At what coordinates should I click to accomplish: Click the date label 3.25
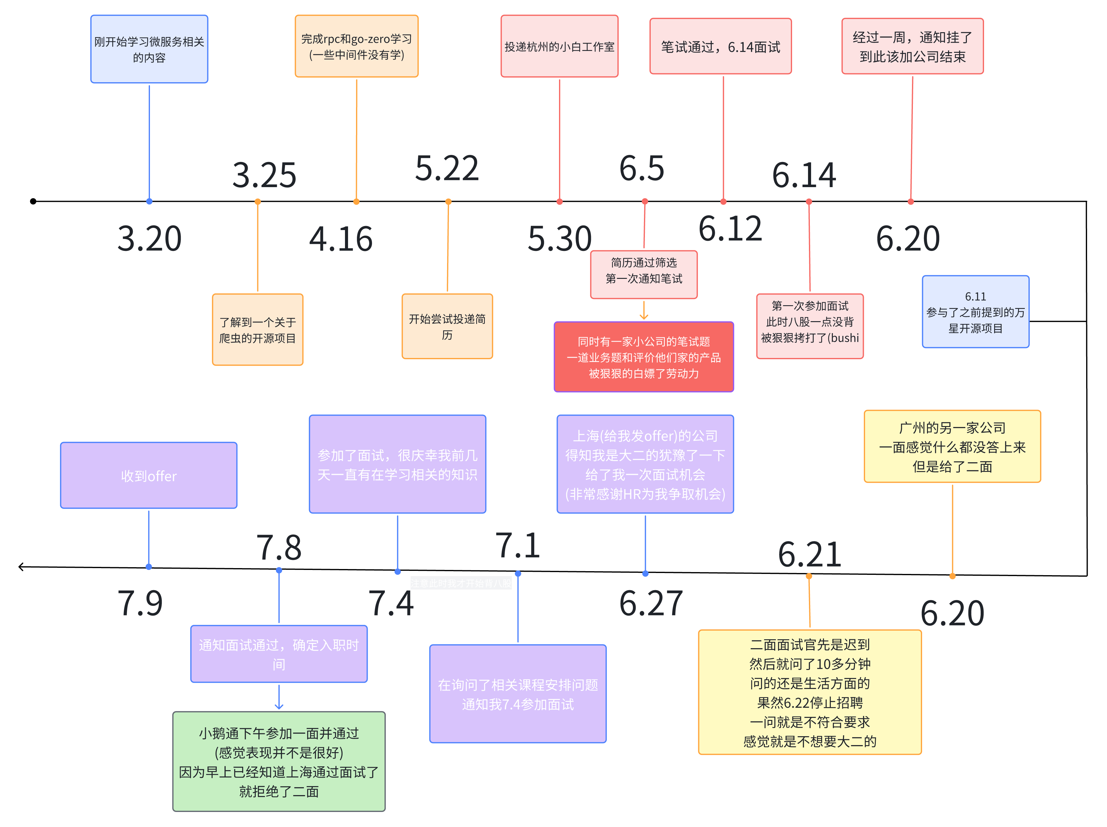(x=264, y=175)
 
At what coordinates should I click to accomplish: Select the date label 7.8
(x=279, y=547)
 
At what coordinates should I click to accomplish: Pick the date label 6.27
(x=651, y=603)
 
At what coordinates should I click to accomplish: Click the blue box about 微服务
(x=149, y=49)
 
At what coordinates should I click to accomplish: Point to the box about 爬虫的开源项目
(x=257, y=329)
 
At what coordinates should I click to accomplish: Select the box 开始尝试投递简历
(x=447, y=326)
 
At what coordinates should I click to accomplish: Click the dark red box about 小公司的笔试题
(x=644, y=357)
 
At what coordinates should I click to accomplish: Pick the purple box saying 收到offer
(x=149, y=475)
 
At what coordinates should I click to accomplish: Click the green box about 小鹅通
(x=279, y=761)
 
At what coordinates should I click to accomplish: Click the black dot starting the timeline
(x=33, y=201)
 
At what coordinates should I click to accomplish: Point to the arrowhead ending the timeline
(x=20, y=567)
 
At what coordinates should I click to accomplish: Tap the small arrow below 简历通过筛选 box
(x=644, y=315)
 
